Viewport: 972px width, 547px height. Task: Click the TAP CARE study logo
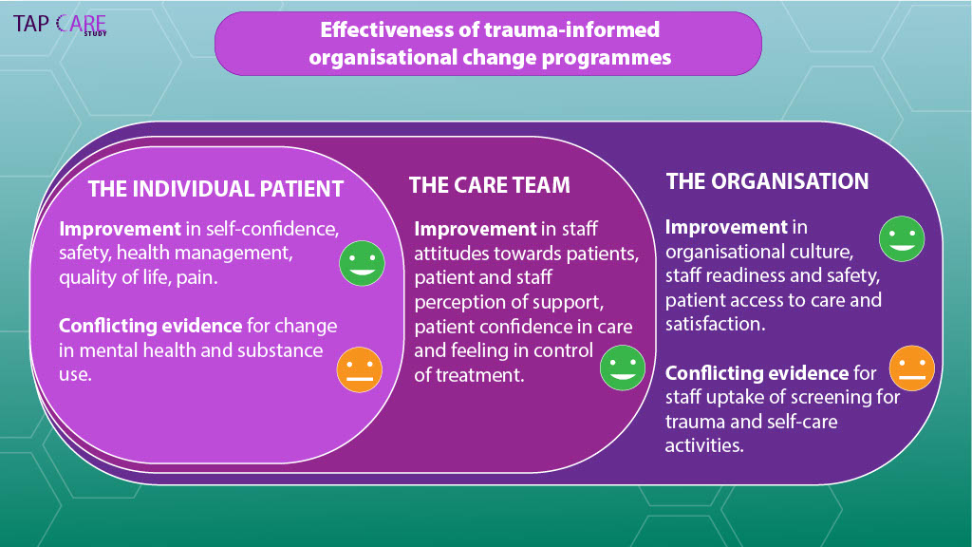[x=60, y=25]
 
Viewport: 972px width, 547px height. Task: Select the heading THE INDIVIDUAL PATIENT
[x=215, y=189]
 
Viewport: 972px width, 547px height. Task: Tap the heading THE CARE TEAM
[x=489, y=185]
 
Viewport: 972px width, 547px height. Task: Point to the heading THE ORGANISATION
[x=767, y=181]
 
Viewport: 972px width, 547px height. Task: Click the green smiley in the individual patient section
[x=363, y=263]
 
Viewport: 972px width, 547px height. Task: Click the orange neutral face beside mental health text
[x=359, y=369]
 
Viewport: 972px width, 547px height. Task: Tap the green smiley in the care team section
[x=623, y=367]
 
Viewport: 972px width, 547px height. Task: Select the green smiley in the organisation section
[x=902, y=238]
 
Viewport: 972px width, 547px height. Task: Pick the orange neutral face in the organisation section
[x=911, y=369]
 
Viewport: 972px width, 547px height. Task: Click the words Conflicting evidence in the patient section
[x=150, y=326]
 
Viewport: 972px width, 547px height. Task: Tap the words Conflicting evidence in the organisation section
[x=757, y=373]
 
